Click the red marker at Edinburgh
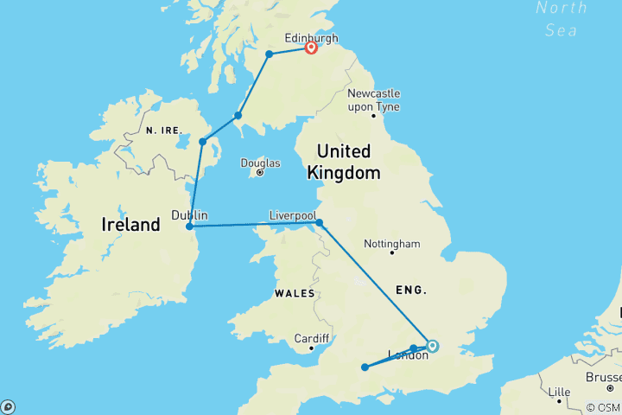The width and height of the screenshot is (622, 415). click(311, 48)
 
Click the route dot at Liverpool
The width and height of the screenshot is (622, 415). click(320, 223)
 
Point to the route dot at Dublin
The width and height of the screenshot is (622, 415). click(190, 227)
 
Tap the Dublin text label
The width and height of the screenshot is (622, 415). click(189, 215)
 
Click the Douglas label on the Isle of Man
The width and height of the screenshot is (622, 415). click(261, 163)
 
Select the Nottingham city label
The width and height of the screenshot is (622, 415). click(392, 244)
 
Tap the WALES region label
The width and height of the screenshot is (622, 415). click(295, 293)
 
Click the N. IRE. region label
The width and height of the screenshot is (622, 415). click(163, 130)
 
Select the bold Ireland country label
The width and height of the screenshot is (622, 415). click(131, 225)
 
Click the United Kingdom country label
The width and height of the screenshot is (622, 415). click(344, 162)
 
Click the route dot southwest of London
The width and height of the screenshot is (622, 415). click(365, 367)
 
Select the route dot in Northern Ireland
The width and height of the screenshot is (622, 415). click(203, 142)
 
